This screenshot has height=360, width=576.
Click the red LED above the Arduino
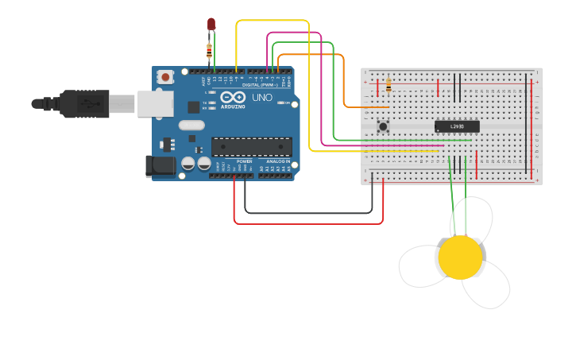(x=211, y=25)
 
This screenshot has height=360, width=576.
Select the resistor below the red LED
(x=209, y=52)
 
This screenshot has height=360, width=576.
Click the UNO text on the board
(x=262, y=98)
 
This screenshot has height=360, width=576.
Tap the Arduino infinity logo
(x=232, y=99)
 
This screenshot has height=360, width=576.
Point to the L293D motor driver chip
(x=457, y=126)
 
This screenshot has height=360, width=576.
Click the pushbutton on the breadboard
(x=383, y=126)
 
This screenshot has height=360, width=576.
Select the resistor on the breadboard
(x=389, y=85)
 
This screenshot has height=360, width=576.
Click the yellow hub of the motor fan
(x=460, y=257)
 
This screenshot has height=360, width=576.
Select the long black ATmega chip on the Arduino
(x=251, y=145)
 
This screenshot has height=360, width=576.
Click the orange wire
(x=343, y=79)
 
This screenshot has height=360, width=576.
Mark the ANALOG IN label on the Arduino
(x=277, y=161)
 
